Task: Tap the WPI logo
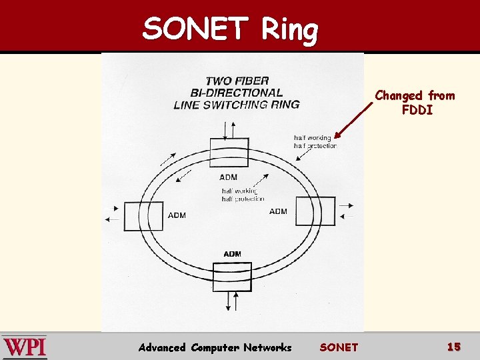[x=25, y=347]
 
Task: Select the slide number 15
[x=453, y=347]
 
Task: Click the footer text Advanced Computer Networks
[x=215, y=347]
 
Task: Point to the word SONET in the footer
[x=339, y=347]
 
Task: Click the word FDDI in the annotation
[x=417, y=110]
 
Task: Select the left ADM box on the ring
[x=143, y=216]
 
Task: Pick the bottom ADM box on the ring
[x=232, y=277]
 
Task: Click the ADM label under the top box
[x=228, y=177]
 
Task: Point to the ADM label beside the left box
[x=177, y=215]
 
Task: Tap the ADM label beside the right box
[x=278, y=211]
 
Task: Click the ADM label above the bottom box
[x=233, y=254]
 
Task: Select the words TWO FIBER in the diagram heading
[x=237, y=81]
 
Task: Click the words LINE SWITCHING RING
[x=236, y=104]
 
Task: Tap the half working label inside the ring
[x=239, y=191]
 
